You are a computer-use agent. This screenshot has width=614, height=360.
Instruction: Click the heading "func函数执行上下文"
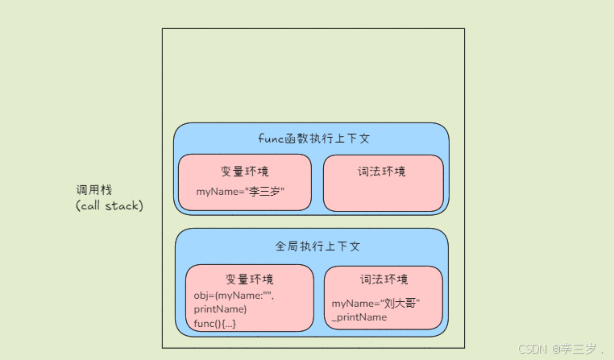tap(313, 138)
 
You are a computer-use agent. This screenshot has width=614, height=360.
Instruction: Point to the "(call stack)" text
tap(109, 205)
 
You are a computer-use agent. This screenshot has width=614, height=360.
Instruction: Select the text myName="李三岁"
tap(241, 192)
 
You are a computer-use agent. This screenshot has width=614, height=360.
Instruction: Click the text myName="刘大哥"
tap(376, 303)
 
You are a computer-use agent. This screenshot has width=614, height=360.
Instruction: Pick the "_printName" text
tap(359, 317)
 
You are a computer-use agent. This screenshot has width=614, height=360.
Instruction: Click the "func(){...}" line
tap(215, 323)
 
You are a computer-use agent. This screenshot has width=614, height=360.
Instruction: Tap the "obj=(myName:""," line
tap(234, 295)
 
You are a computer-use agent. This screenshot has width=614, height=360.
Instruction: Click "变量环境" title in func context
tap(244, 171)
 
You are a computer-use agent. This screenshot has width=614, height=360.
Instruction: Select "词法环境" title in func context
tap(382, 171)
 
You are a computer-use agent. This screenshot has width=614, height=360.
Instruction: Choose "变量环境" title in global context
tap(249, 279)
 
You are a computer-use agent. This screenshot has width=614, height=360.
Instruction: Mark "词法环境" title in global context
tap(384, 279)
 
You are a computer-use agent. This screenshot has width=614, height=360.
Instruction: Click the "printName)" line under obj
tap(220, 308)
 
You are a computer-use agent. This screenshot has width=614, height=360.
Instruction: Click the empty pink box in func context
tap(384, 193)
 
